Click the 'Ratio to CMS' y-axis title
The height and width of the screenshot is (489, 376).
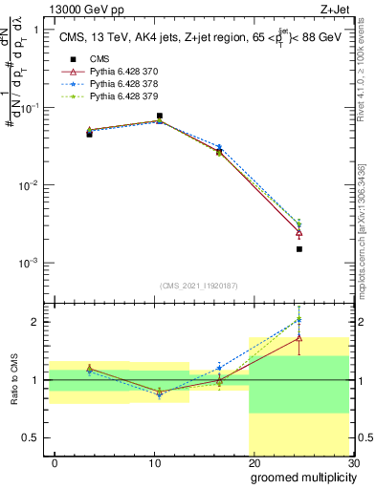(x=13, y=393)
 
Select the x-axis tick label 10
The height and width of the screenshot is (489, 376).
(x=154, y=462)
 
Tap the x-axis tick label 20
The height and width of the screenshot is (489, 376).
(x=254, y=462)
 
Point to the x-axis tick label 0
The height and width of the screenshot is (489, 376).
(x=55, y=462)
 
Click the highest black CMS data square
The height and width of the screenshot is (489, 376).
(x=159, y=116)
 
